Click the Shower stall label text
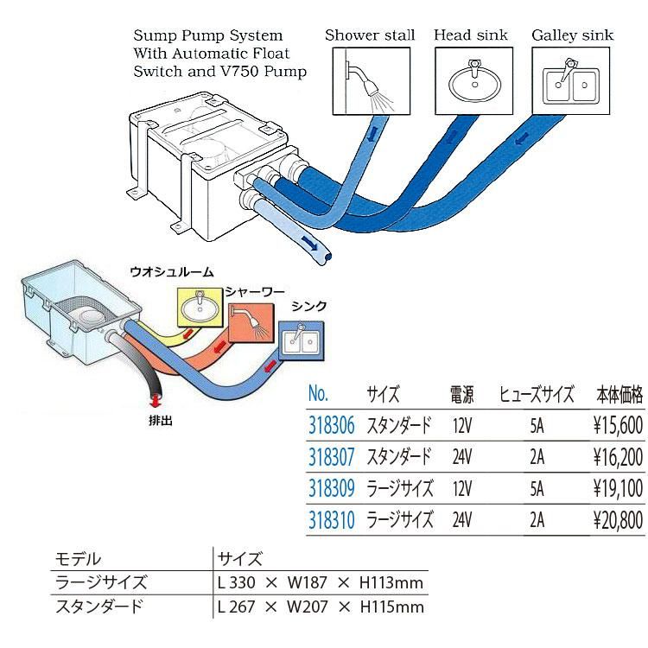(x=370, y=35)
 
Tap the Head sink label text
(x=470, y=35)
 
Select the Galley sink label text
(x=572, y=35)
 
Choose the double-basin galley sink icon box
(x=571, y=80)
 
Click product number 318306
(x=331, y=424)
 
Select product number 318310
(x=331, y=519)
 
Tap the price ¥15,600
(x=619, y=424)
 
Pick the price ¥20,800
(x=619, y=519)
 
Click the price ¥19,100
(x=619, y=488)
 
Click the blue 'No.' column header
(x=319, y=394)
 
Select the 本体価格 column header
(x=619, y=395)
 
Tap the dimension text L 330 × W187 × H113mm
(x=321, y=582)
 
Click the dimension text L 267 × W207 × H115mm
(x=321, y=607)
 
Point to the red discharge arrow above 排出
(x=156, y=400)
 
